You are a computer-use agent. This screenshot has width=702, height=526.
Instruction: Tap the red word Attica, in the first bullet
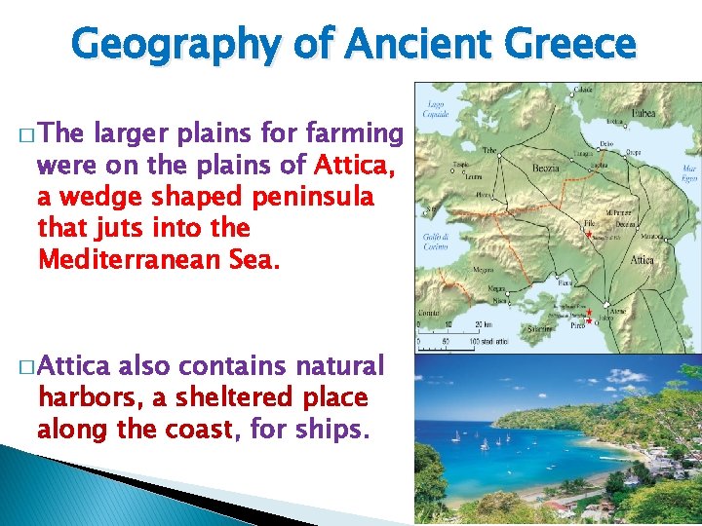coord(352,166)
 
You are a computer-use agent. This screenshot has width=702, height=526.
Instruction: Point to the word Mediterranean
coord(144,260)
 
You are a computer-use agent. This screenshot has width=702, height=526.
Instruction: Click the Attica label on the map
coord(643,260)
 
